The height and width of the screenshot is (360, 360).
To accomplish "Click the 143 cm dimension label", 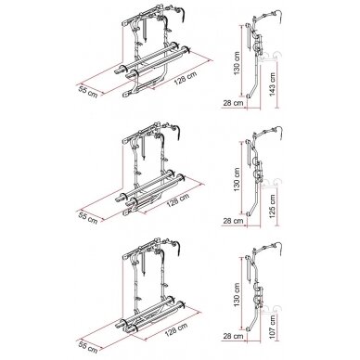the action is click(273, 84).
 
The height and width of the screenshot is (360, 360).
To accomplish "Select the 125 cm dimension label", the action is click(273, 206).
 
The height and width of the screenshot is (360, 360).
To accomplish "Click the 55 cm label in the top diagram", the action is click(88, 93).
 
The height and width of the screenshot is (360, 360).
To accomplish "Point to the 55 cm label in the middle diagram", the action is click(88, 218).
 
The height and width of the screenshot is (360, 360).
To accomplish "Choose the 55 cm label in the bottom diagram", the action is click(88, 347).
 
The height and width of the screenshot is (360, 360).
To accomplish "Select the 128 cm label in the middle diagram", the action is click(178, 201).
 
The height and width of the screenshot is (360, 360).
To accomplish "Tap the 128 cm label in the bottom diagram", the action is click(176, 329).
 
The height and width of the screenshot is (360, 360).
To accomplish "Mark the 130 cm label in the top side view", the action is click(237, 64).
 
